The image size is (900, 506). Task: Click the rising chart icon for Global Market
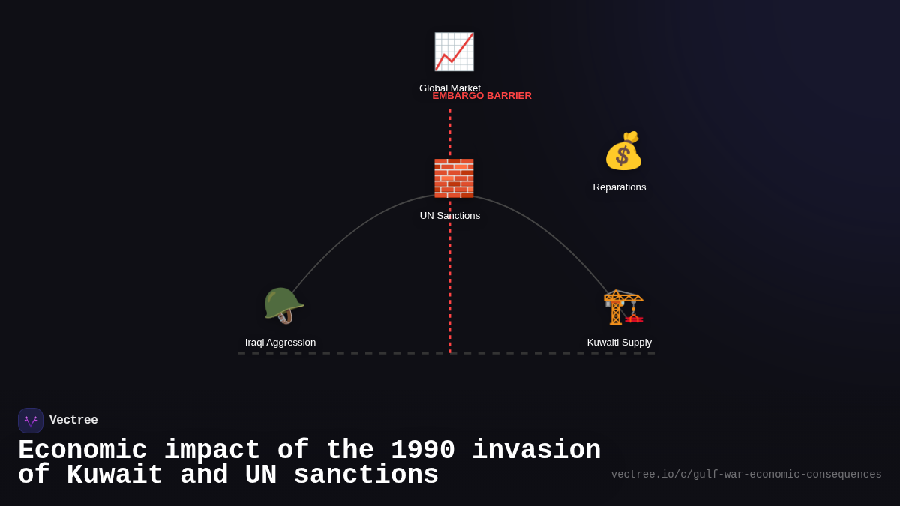click(454, 52)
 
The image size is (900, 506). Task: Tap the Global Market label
click(449, 87)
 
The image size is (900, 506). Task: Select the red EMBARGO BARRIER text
click(481, 96)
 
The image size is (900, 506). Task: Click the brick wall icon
click(454, 178)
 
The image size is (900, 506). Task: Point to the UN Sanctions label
click(450, 216)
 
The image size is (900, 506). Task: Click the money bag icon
click(623, 151)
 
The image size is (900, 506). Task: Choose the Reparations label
click(619, 187)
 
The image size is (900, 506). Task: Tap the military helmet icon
click(283, 305)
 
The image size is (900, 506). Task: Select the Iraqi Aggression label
click(280, 343)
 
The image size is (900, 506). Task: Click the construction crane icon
click(623, 307)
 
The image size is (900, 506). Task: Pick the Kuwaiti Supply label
click(619, 343)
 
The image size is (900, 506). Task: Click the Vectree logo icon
click(31, 421)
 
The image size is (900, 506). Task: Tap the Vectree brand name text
click(73, 421)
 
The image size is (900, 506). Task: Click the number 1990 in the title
click(422, 451)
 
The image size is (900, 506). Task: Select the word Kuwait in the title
click(115, 475)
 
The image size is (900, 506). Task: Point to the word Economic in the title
click(82, 451)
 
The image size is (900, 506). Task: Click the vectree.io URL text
click(746, 475)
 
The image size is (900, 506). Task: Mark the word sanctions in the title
click(366, 475)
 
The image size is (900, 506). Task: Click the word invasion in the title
click(536, 451)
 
